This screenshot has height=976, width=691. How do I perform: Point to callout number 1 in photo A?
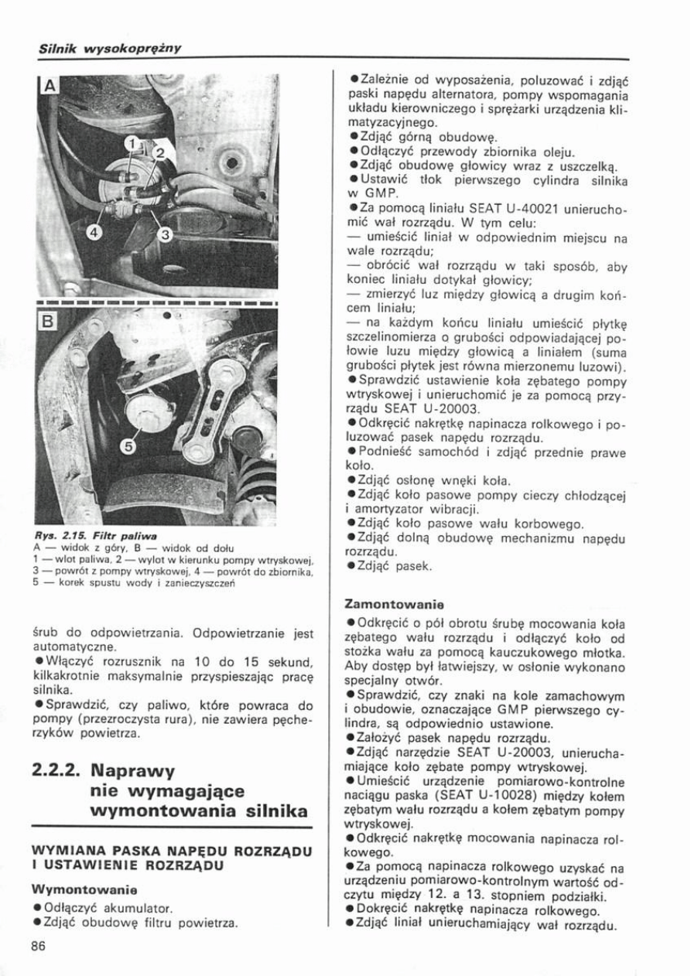coord(132,143)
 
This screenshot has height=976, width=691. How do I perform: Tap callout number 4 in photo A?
coord(93,232)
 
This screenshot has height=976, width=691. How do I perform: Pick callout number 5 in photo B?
coord(128,447)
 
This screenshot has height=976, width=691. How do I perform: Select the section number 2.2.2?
coord(58,771)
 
